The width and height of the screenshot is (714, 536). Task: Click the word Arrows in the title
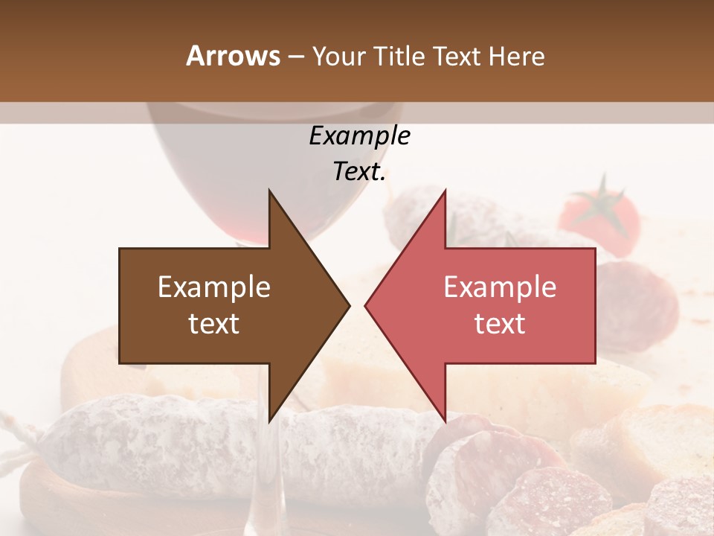pyautogui.click(x=234, y=56)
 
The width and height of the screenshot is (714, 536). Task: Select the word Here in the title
pyautogui.click(x=516, y=57)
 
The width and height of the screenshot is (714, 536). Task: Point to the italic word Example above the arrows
pyautogui.click(x=359, y=136)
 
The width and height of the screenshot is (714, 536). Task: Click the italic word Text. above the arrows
pyautogui.click(x=359, y=172)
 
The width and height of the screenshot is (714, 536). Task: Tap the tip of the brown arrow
pyautogui.click(x=348, y=305)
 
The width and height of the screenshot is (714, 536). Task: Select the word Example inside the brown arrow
pyautogui.click(x=214, y=287)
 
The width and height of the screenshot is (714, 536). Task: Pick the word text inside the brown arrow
pyautogui.click(x=214, y=324)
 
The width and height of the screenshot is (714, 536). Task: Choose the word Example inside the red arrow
pyautogui.click(x=500, y=287)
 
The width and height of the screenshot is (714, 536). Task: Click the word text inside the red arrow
pyautogui.click(x=500, y=324)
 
